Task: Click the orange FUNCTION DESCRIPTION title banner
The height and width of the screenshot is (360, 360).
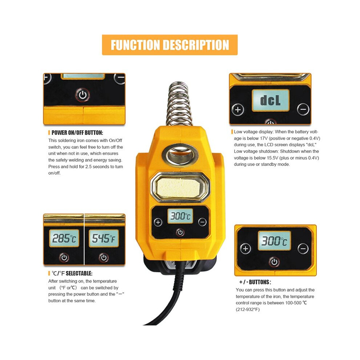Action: tap(170, 45)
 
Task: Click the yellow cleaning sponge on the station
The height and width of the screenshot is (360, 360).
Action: tap(180, 188)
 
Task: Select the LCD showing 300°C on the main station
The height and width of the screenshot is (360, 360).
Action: tap(180, 216)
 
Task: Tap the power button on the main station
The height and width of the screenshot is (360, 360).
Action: tap(180, 232)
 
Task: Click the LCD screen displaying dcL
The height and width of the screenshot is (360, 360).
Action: tap(271, 100)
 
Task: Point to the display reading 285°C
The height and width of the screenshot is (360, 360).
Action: tap(64, 238)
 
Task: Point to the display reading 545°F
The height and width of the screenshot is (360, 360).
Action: tap(104, 238)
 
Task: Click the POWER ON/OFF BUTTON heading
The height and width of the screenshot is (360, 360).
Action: tap(77, 133)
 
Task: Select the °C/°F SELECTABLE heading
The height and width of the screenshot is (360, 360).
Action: tap(72, 273)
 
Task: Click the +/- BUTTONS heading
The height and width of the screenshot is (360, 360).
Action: tap(255, 282)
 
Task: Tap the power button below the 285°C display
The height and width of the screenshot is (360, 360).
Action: tap(64, 257)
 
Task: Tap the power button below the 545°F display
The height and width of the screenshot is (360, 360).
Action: tap(104, 257)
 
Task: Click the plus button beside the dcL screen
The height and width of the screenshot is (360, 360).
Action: tap(238, 109)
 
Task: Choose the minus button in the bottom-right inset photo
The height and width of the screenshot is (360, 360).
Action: tap(303, 249)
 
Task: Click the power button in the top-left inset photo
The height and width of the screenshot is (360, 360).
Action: tap(83, 95)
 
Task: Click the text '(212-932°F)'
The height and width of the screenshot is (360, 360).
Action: tap(248, 309)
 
